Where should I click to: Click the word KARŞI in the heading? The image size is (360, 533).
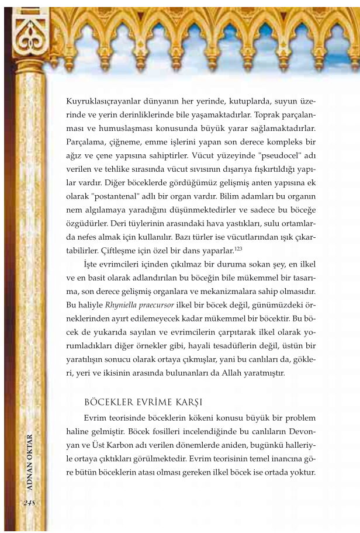coord(187,403)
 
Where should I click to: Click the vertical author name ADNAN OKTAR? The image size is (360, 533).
coord(30,462)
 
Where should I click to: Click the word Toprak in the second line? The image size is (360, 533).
coord(257,113)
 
